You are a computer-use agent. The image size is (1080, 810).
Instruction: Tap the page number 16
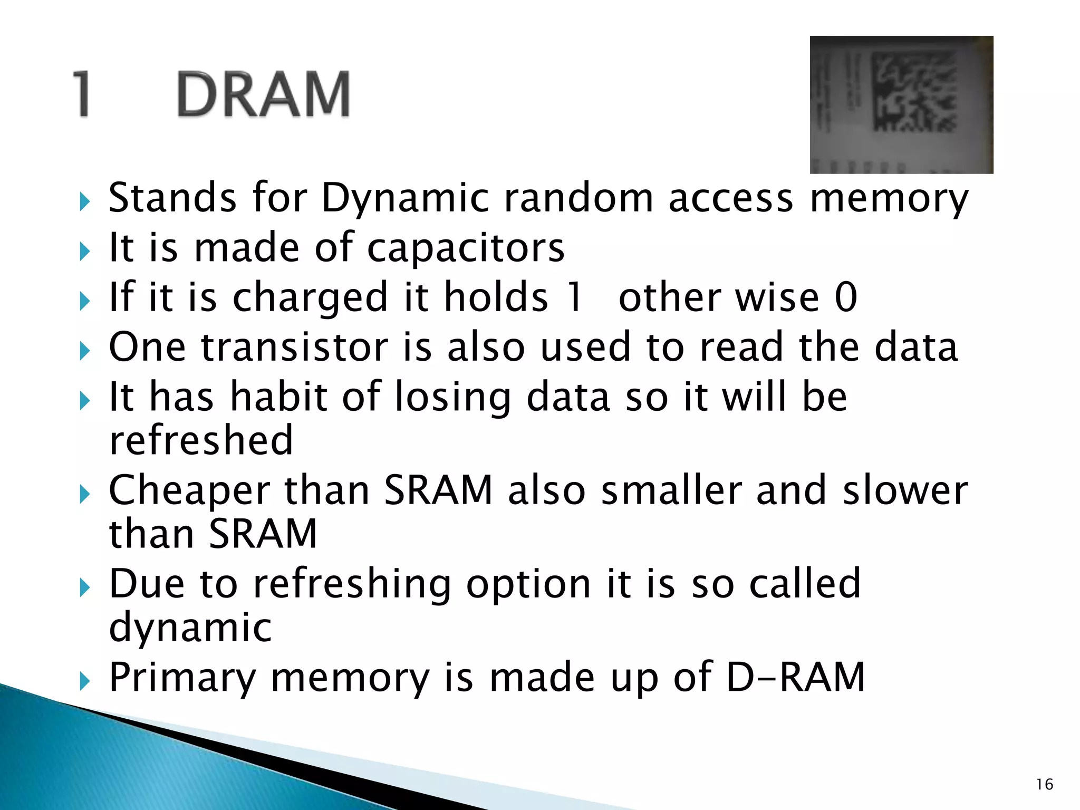[x=1044, y=785]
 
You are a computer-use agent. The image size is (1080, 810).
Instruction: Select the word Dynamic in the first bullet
[x=405, y=198]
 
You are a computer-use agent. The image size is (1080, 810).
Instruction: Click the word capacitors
[x=465, y=247]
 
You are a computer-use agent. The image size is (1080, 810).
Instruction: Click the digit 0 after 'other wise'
[x=845, y=297]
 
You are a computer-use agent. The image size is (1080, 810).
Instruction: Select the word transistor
[x=294, y=347]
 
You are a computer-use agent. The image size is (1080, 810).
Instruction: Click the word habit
[x=278, y=396]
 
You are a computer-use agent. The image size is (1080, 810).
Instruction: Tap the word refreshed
[x=200, y=440]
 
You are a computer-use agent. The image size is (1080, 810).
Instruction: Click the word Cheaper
[x=189, y=491]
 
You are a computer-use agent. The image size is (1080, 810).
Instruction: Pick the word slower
[x=905, y=490]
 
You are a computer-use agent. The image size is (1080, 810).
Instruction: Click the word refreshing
[x=352, y=584]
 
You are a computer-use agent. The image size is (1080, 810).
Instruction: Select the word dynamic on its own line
[x=190, y=628]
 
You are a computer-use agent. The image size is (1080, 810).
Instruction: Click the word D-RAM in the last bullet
[x=795, y=677]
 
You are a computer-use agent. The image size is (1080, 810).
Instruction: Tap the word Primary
[x=182, y=678]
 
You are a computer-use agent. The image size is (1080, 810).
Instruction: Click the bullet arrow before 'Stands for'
[x=84, y=201]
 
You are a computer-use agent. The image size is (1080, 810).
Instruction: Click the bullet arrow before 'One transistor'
[x=84, y=351]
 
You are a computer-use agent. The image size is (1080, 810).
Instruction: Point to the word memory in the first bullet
[x=889, y=198]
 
